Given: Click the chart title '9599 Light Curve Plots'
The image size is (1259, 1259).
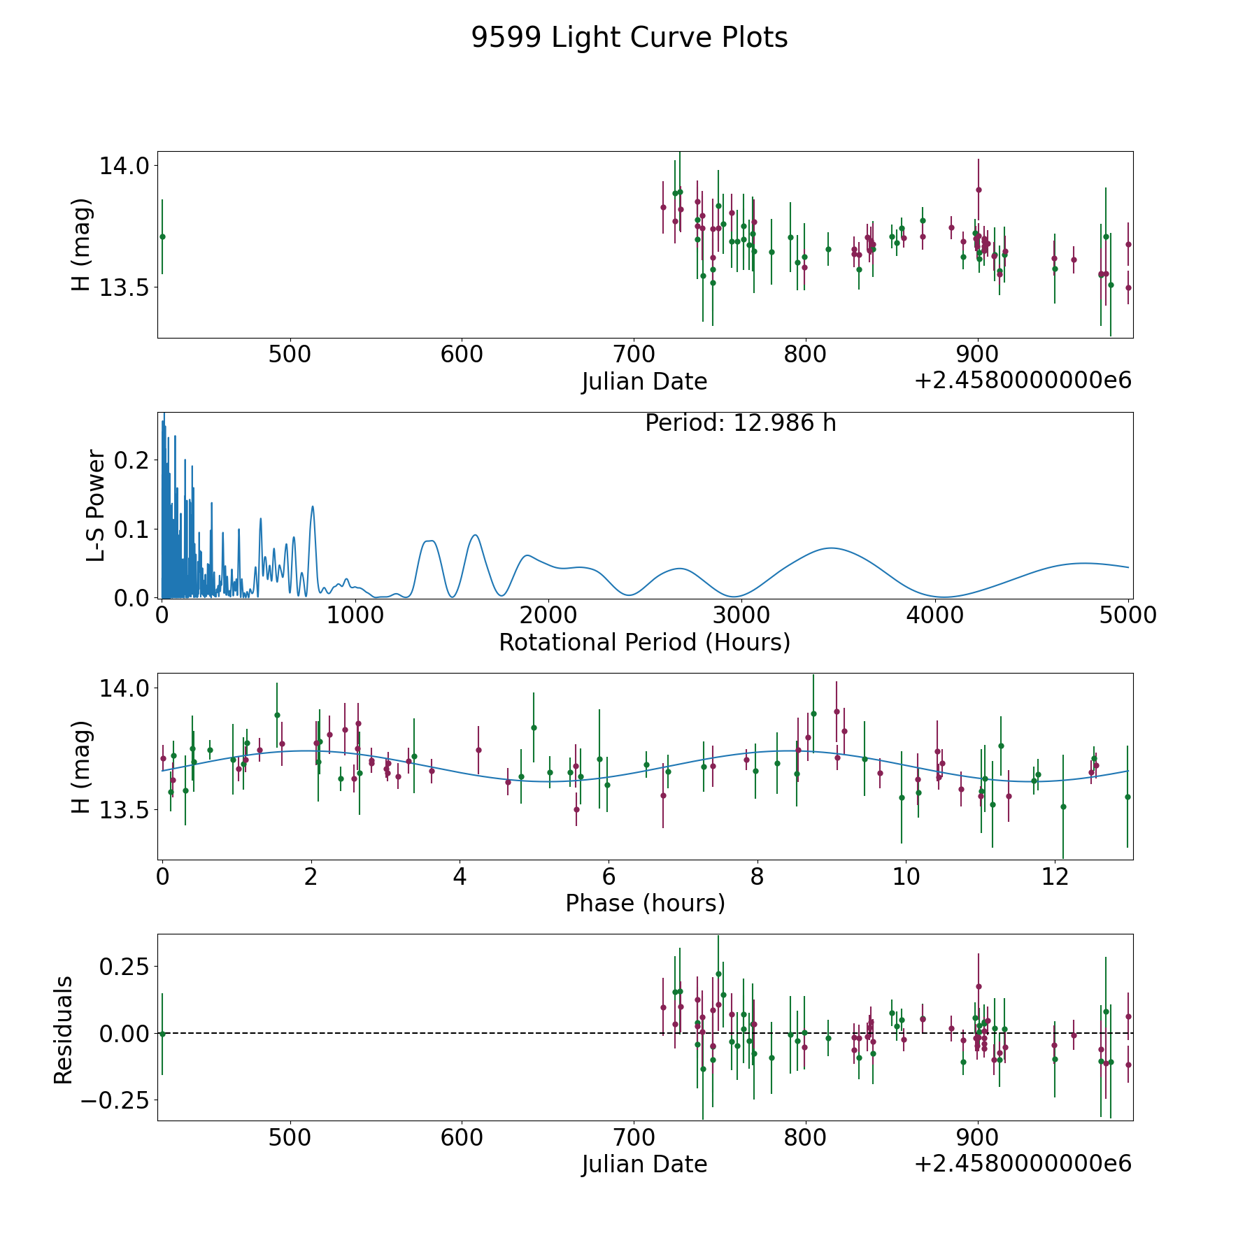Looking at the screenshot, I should tap(629, 38).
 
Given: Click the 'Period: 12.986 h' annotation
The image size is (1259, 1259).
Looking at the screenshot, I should tap(740, 423).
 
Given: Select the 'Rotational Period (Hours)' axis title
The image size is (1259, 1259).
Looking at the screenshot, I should tap(644, 642).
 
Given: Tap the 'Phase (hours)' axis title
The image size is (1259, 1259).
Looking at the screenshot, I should tap(644, 903).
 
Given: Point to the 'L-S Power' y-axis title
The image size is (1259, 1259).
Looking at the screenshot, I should tap(97, 505).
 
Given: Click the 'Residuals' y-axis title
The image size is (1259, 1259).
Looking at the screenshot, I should tap(64, 1030).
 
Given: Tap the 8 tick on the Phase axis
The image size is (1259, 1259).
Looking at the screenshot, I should tap(757, 876).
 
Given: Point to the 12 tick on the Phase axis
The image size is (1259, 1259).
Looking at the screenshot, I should tap(1055, 876).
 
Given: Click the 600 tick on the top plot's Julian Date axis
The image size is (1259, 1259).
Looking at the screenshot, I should tap(462, 355).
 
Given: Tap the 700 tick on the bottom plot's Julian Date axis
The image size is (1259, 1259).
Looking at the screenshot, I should tap(634, 1138).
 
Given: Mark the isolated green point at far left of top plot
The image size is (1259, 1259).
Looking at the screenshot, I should tap(162, 236).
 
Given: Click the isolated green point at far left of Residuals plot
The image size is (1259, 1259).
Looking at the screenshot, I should tap(162, 1034).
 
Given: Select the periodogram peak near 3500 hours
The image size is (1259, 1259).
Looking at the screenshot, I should tap(831, 548).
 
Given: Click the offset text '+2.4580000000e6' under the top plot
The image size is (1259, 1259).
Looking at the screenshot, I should tap(1023, 380).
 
